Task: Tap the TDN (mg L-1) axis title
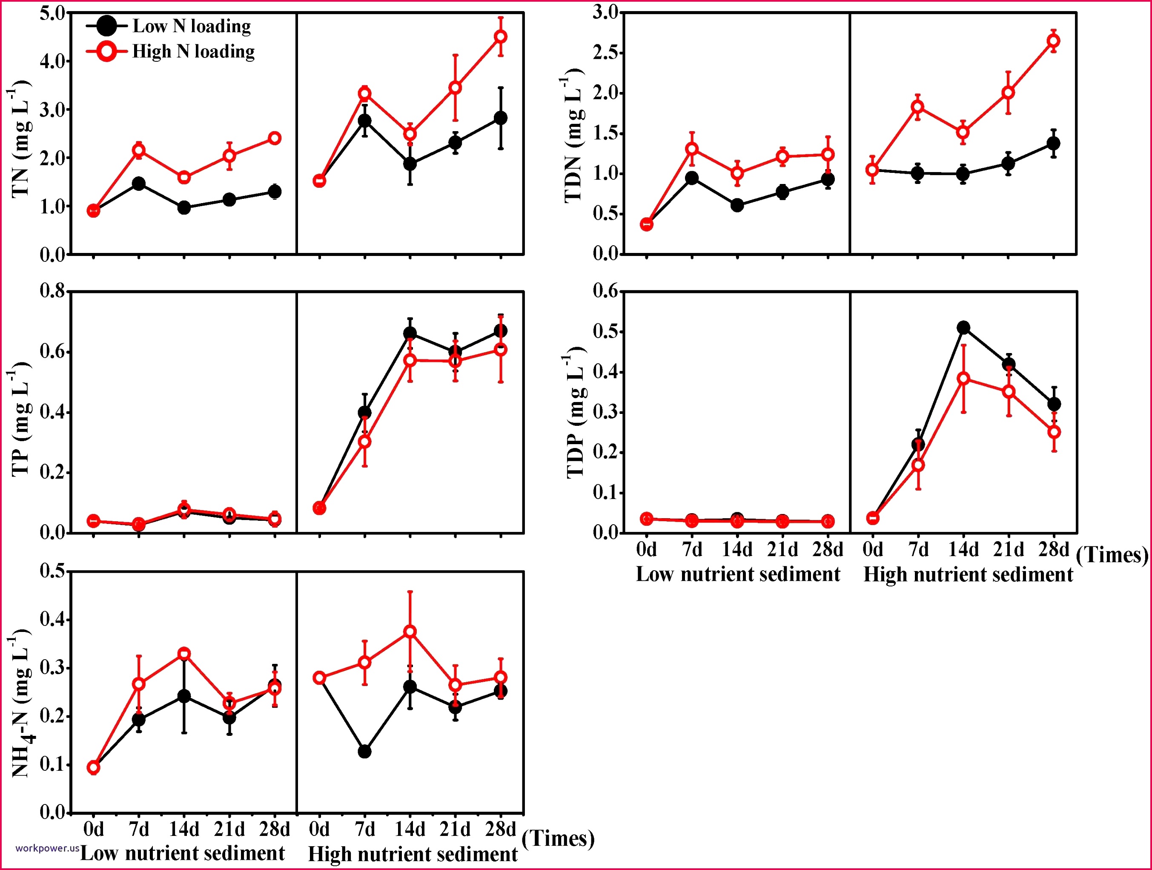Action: click(573, 139)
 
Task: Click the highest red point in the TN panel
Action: click(501, 37)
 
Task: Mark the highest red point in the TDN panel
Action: click(1054, 40)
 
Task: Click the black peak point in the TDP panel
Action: click(963, 327)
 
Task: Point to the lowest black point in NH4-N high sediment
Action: click(364, 752)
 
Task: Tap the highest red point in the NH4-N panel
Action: click(410, 632)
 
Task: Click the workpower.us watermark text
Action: click(47, 847)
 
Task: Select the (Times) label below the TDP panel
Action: click(1112, 555)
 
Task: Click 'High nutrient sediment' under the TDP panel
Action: click(968, 574)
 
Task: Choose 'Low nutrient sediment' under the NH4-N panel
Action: click(182, 853)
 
